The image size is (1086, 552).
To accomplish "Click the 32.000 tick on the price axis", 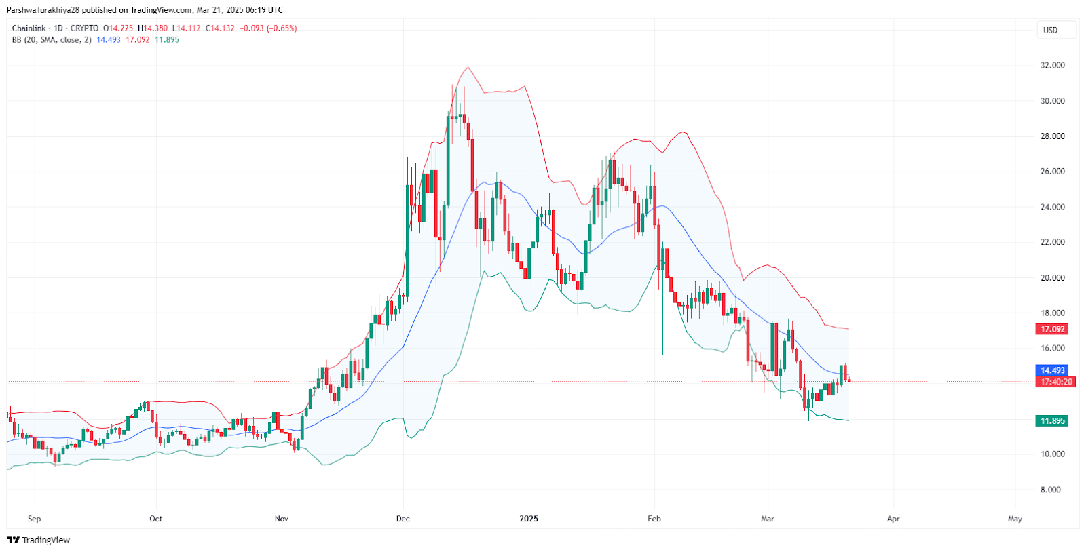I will coord(1052,66).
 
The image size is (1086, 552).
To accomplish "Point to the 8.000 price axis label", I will coord(1050,490).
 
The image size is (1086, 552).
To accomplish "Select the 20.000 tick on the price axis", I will coord(1052,278).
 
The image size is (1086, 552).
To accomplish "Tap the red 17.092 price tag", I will coord(1053,330).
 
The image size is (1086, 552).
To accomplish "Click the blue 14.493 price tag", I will coord(1053,370).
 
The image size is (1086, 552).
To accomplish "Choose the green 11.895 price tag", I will coord(1053,421).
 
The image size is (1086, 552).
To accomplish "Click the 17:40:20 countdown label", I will coord(1057,382).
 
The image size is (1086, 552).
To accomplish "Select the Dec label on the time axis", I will coord(403,519).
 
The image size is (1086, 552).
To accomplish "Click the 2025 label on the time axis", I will coord(529,519).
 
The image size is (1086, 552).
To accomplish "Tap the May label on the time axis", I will coord(1015,519).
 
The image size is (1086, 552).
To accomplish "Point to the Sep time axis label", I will coord(35,519).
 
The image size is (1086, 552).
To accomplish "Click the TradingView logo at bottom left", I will coord(39,540).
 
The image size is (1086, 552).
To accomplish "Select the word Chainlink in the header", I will coord(29,28).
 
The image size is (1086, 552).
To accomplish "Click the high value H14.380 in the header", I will coord(153,28).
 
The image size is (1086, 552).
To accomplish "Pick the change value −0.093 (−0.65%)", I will coord(268,28).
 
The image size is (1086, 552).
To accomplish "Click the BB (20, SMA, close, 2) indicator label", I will coord(52,40).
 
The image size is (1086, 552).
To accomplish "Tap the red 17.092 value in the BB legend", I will coord(138,40).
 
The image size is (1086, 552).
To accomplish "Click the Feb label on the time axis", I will coord(654,519).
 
